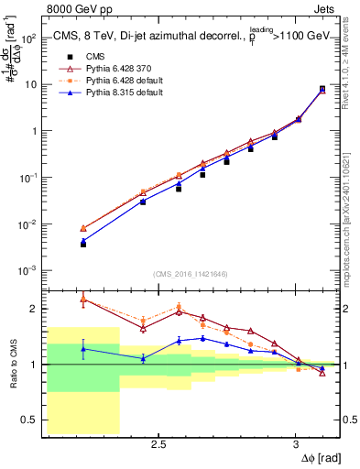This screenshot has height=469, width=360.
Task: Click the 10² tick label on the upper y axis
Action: pos(28,38)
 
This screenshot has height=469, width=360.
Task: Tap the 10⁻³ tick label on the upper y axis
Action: pos(28,270)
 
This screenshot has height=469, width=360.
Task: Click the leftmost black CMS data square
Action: pos(83,245)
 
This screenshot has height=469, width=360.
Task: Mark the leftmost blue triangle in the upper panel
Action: pos(83,241)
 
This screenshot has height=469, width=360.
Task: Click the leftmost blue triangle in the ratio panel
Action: pos(83,349)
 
